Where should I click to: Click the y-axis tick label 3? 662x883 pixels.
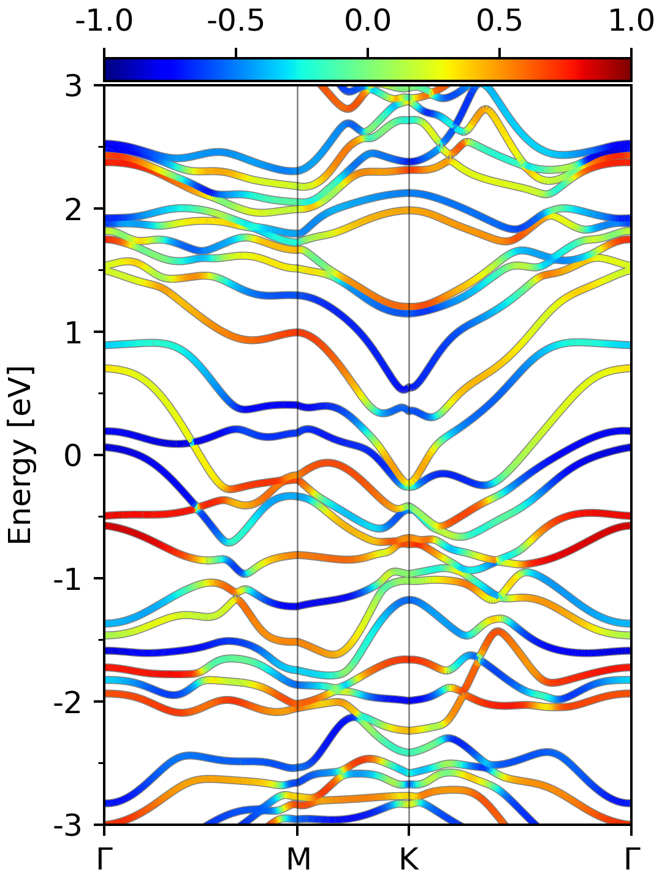point(74,86)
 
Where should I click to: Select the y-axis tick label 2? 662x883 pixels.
point(74,209)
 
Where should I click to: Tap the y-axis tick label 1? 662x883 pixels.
point(74,332)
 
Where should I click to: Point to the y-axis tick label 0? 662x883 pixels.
point(74,456)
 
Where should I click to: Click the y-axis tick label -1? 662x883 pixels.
point(68,579)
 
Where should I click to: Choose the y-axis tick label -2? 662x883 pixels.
point(68,702)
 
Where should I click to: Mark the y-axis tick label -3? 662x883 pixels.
point(68,825)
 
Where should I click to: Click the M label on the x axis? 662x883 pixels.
point(298,858)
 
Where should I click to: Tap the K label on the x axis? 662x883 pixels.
point(409,858)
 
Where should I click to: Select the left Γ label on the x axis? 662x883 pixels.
point(104,858)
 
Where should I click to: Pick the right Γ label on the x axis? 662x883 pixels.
point(632,858)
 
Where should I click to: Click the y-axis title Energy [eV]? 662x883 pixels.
point(20,456)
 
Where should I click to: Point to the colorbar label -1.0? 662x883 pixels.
point(104,21)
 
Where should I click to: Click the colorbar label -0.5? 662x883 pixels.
point(236,21)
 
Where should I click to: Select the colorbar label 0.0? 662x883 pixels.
point(368,21)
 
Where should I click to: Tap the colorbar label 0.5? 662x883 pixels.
point(500,21)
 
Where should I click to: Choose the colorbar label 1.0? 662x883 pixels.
point(632,21)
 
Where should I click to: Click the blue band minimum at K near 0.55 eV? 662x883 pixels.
point(407,389)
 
